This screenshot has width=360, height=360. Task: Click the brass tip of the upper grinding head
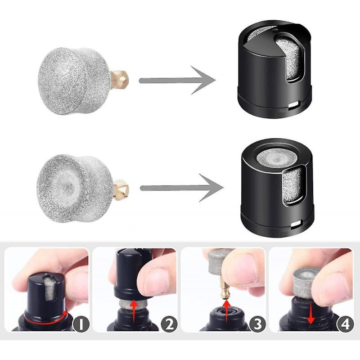pyautogui.click(x=119, y=80)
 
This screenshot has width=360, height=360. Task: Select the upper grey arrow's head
pyautogui.click(x=203, y=81)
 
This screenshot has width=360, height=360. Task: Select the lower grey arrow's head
pyautogui.click(x=211, y=188)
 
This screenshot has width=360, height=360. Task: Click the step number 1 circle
pyautogui.click(x=81, y=324)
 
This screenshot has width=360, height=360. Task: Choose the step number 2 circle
pyautogui.click(x=169, y=324)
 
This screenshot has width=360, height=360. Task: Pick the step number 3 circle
pyautogui.click(x=257, y=324)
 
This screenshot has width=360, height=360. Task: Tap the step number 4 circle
pyautogui.click(x=345, y=324)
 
